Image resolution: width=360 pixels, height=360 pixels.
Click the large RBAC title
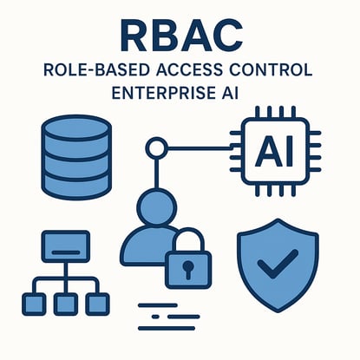181,36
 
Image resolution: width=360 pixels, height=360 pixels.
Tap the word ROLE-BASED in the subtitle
96,70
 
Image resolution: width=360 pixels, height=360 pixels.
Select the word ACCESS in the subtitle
190,70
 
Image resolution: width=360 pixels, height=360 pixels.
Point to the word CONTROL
272,70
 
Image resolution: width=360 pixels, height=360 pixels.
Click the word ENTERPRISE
162,93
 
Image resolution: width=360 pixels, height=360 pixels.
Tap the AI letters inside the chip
275,151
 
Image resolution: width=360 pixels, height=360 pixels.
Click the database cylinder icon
76,157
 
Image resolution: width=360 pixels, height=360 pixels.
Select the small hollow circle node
156,148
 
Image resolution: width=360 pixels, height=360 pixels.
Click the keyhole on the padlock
188,269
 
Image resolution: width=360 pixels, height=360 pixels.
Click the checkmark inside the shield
278,264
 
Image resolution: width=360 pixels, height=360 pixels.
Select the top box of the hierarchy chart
66,246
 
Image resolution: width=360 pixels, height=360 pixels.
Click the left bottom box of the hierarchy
34,304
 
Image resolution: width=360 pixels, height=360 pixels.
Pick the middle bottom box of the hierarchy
66,304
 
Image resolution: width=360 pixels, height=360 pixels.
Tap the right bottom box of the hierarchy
98,304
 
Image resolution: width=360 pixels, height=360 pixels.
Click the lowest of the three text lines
167,328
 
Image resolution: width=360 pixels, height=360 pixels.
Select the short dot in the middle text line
155,317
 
